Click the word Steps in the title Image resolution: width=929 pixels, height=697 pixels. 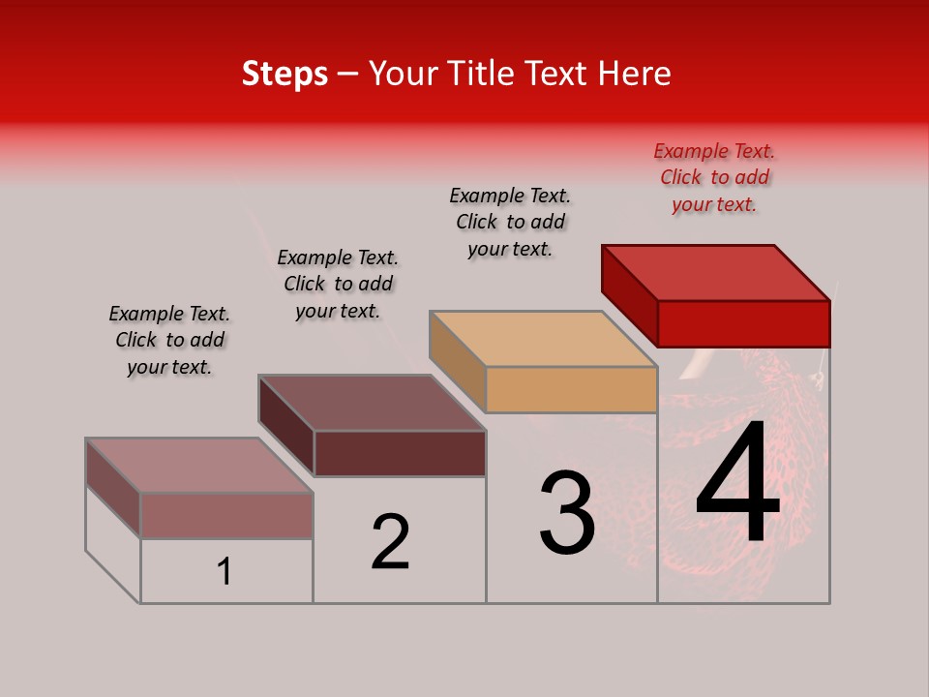tap(285, 74)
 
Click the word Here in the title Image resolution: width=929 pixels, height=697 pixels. tap(635, 74)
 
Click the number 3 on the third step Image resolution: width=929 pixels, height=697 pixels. tap(567, 513)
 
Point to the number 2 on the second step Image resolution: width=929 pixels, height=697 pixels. tap(391, 542)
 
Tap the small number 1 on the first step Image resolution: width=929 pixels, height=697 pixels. tap(225, 572)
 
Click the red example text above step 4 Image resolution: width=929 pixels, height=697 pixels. tap(714, 178)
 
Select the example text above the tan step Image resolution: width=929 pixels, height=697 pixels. tap(510, 222)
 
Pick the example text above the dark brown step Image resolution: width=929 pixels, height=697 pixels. tap(338, 284)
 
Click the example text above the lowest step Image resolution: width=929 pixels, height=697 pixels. tap(169, 340)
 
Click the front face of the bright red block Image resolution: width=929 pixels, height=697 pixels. tap(743, 323)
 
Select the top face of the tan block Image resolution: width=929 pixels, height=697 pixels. tap(542, 339)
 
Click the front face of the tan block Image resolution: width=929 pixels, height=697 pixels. tap(571, 390)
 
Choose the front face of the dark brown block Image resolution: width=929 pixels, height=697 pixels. tap(400, 453)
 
